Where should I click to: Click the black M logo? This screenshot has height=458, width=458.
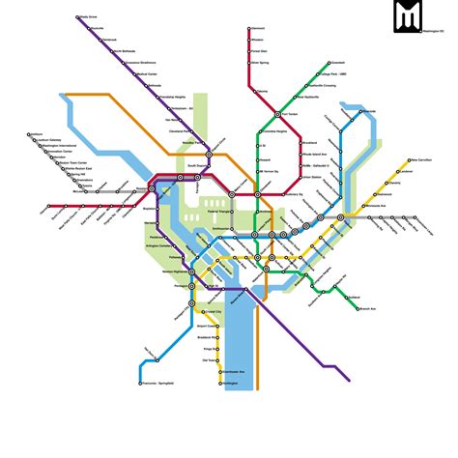(408, 16)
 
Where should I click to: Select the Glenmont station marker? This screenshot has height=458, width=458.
(249, 29)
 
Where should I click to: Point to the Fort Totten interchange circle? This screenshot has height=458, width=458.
(276, 112)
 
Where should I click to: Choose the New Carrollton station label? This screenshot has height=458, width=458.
(423, 159)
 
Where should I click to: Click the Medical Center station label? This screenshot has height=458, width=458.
(147, 72)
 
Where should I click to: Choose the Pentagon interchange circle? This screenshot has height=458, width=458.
(191, 286)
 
